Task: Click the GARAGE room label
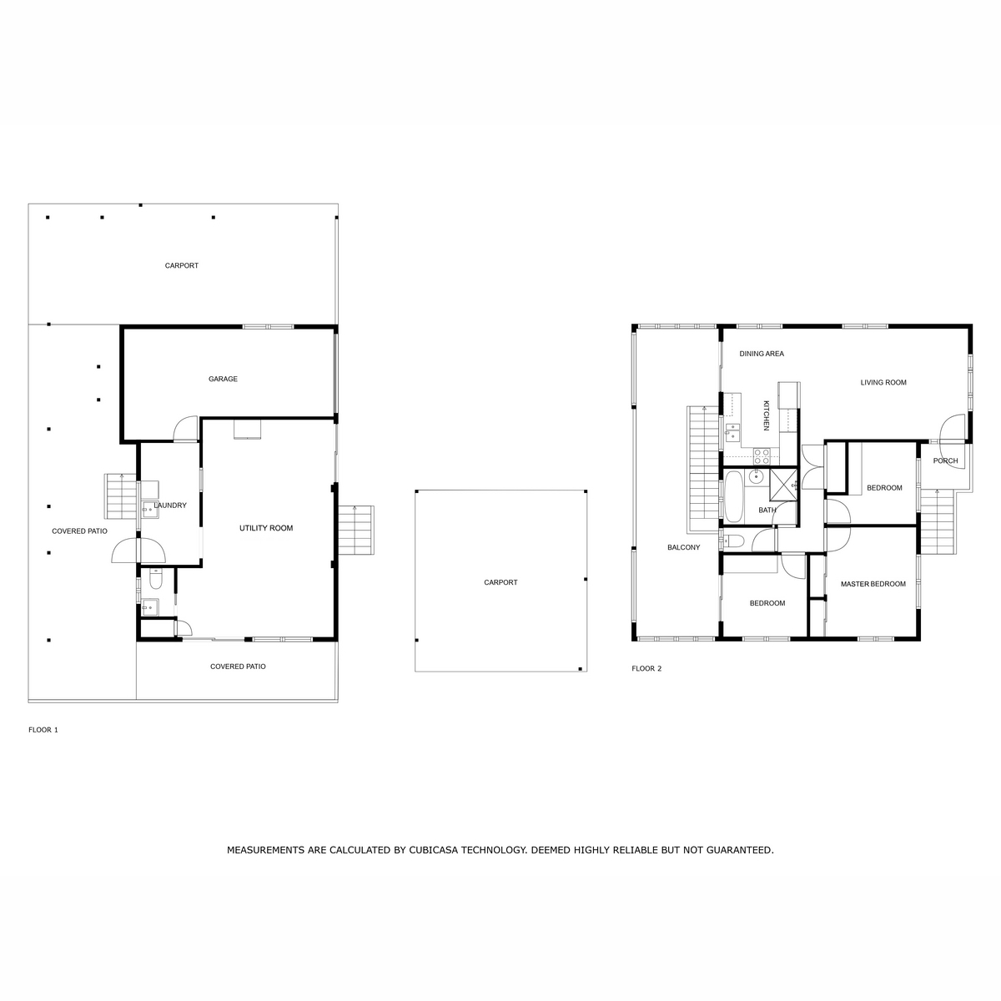(223, 380)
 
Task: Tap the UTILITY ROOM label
(266, 528)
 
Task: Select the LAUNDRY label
(170, 506)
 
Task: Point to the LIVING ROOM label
(883, 382)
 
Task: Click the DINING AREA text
(762, 354)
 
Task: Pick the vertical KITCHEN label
(766, 415)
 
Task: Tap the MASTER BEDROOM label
(873, 584)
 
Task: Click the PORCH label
(945, 460)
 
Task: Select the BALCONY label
(684, 547)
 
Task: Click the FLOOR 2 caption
(646, 668)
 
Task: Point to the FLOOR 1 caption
(43, 730)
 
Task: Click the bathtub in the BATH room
(734, 496)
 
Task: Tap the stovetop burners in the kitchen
(762, 456)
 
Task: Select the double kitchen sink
(732, 432)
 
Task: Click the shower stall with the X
(783, 484)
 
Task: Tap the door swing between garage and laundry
(186, 429)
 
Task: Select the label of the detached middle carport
(500, 582)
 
